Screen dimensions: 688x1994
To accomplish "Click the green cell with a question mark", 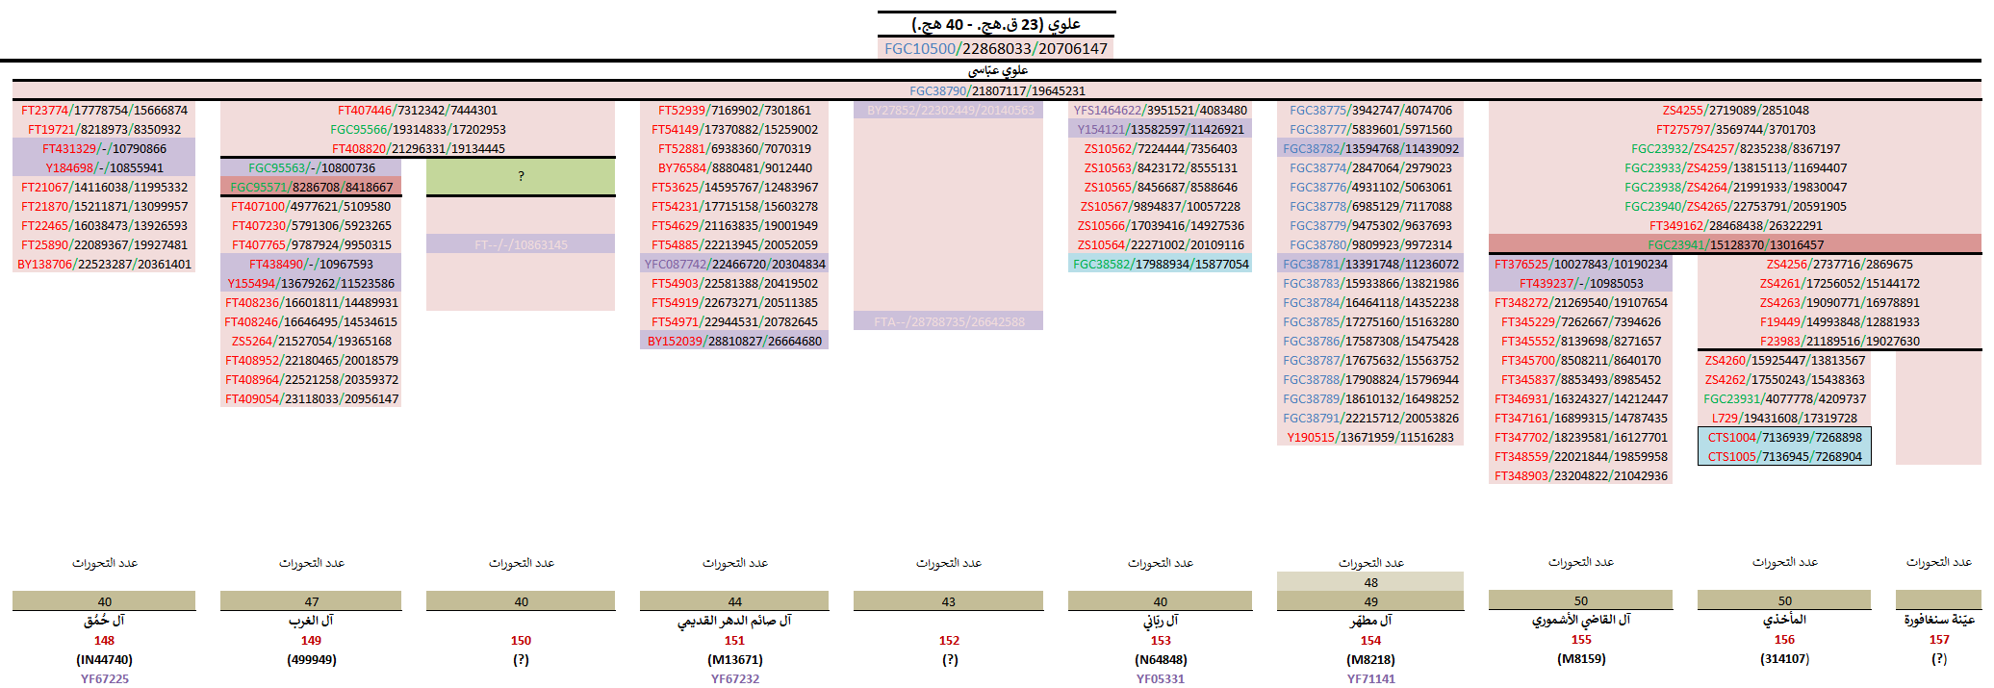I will point(521,176).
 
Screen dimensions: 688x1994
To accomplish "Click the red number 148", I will point(104,640).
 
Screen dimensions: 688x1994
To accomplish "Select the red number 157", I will point(1938,639).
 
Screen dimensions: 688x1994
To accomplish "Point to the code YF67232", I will point(734,678).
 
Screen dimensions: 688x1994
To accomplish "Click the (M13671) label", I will point(734,659).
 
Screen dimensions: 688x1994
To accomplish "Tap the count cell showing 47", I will point(311,601).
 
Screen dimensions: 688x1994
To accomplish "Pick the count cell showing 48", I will point(1370,582).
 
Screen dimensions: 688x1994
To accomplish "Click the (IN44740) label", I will point(104,659).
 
